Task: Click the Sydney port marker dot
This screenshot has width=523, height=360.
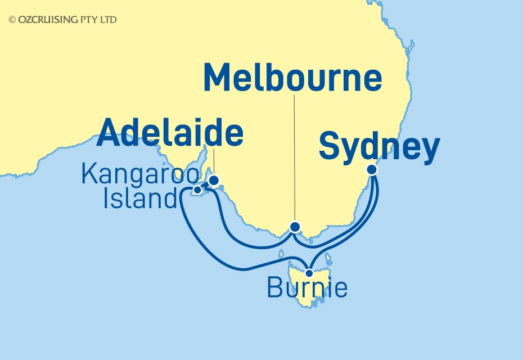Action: (371, 169)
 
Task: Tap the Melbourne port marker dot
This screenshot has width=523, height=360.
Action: (295, 227)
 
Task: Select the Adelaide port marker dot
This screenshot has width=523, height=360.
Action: (214, 181)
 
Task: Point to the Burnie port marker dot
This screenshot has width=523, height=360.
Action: (309, 273)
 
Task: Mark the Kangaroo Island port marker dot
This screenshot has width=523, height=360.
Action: (197, 190)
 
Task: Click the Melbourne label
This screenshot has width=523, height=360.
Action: (292, 79)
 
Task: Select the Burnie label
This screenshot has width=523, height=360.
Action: (306, 289)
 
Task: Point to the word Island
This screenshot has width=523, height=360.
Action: (140, 199)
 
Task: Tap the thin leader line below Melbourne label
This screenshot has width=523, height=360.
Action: (294, 157)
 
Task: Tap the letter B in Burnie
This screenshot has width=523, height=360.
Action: (274, 289)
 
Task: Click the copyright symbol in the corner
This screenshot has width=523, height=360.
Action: (12, 20)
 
